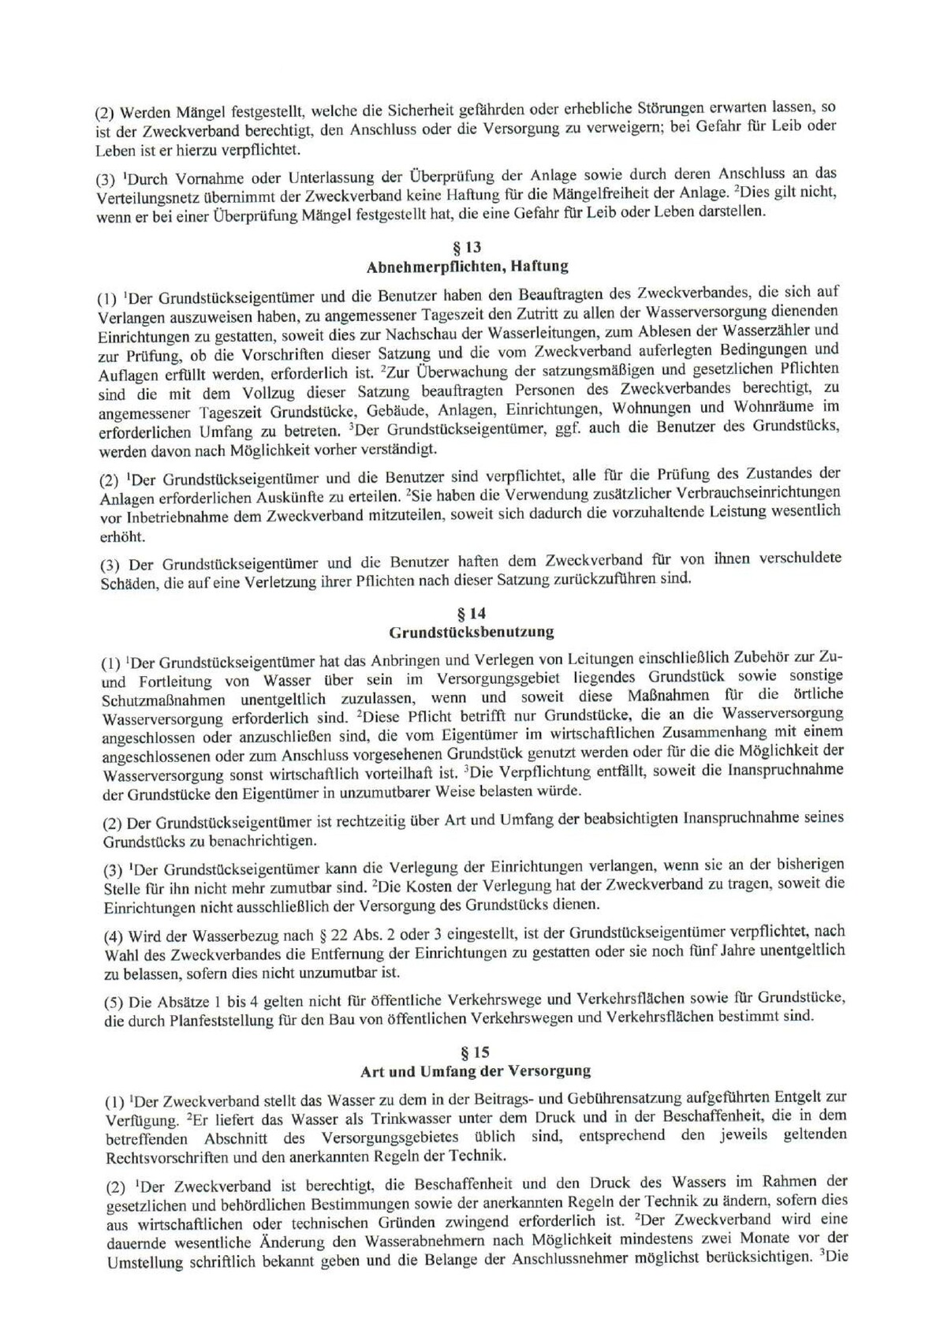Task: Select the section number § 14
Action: (x=472, y=613)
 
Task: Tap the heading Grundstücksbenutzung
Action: (x=472, y=631)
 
